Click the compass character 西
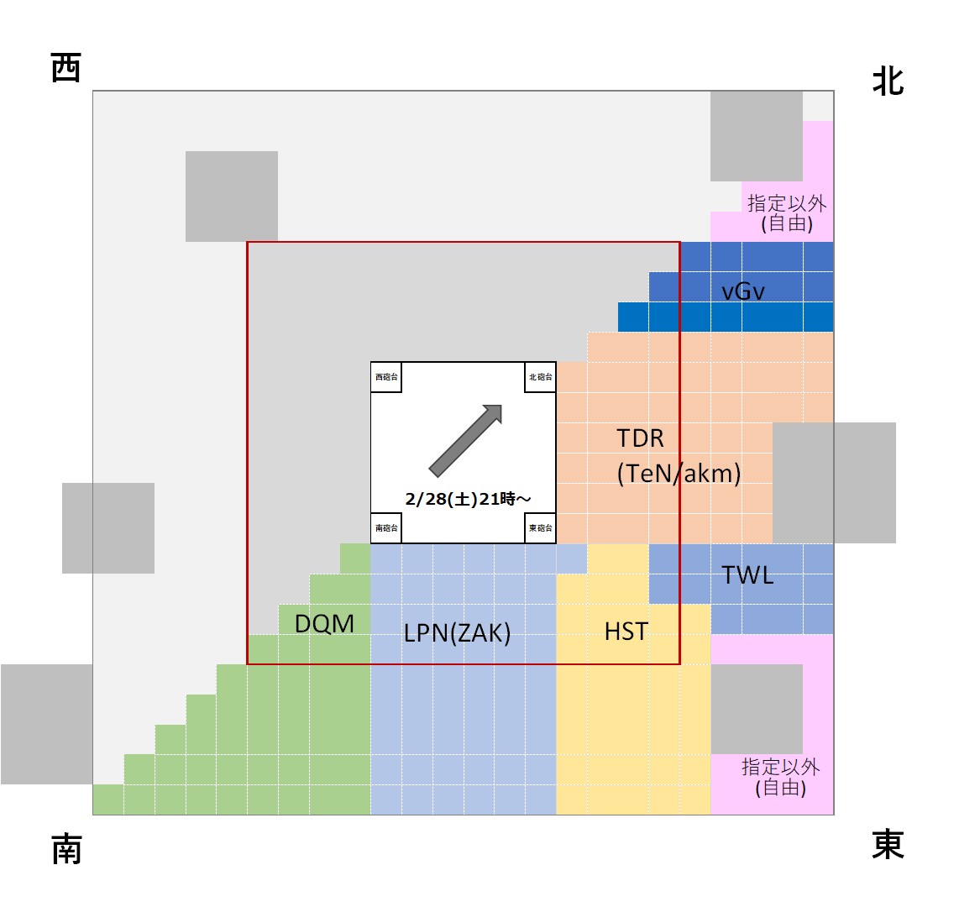tap(66, 67)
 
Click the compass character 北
tap(888, 82)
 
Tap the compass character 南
tap(66, 849)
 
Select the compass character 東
tap(888, 844)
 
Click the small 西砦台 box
tap(386, 377)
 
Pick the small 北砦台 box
tap(540, 377)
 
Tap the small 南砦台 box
tap(386, 528)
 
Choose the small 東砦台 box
tap(540, 528)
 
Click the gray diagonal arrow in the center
tap(465, 439)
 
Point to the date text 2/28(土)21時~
tap(467, 499)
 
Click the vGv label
tap(743, 291)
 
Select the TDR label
tap(640, 438)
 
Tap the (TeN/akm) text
tap(679, 474)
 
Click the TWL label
tap(747, 575)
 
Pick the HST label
tap(626, 631)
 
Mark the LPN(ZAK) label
tap(457, 632)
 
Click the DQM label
tap(324, 624)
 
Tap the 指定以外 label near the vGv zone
tap(787, 203)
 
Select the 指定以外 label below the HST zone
tap(780, 767)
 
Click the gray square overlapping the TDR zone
tap(833, 482)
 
